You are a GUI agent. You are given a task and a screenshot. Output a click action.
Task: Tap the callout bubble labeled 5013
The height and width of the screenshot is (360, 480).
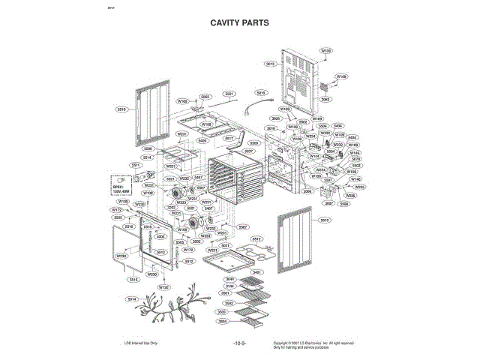pos(269,64)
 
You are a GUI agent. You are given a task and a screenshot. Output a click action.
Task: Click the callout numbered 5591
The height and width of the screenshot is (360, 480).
pos(229,94)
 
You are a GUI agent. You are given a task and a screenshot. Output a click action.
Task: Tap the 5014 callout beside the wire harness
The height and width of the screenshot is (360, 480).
pos(132,299)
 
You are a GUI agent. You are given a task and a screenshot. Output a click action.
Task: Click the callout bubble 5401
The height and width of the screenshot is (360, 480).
pos(256,271)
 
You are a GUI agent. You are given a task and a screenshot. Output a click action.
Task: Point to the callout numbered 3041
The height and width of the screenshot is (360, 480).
pos(230,279)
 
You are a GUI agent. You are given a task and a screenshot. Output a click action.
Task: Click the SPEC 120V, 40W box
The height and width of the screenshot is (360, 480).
pos(121,185)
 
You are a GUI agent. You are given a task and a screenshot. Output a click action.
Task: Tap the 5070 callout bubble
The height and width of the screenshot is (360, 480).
pos(356,159)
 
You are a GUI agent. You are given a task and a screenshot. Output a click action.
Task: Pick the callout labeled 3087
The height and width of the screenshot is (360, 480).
pos(328,202)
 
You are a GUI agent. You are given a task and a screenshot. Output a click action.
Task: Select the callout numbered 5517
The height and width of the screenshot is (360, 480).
pos(229,139)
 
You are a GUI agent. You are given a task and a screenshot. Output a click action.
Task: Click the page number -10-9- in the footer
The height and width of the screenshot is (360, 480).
pos(238,344)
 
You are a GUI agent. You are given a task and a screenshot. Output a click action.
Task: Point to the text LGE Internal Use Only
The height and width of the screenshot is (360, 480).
pos(140,343)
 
